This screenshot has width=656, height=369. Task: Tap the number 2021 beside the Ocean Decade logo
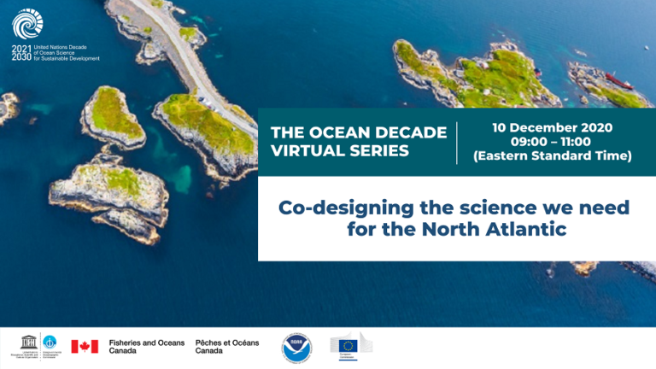(21, 48)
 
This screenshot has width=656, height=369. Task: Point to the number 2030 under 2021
(21, 57)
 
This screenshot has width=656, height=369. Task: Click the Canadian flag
(85, 346)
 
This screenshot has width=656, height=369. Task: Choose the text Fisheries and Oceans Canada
(147, 346)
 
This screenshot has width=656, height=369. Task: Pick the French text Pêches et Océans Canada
(227, 346)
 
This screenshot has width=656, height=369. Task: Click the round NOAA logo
(297, 347)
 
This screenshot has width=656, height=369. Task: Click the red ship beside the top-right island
(618, 79)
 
